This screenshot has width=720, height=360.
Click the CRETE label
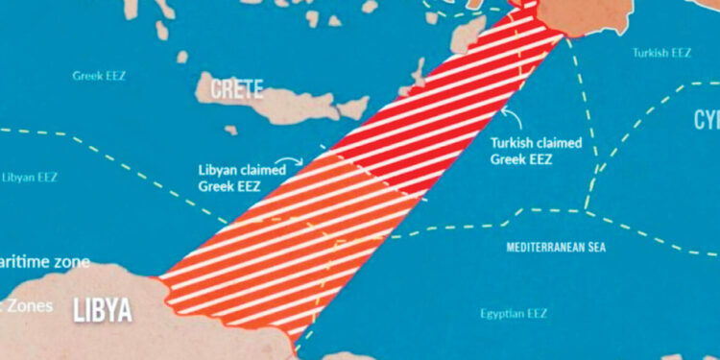(x=230, y=89)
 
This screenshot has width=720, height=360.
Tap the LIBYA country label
(x=103, y=310)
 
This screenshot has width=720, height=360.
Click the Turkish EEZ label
(x=661, y=53)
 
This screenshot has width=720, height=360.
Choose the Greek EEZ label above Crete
(x=99, y=74)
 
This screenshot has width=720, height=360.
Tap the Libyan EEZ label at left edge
(x=29, y=178)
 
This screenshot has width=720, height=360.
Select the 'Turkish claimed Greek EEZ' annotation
(x=536, y=151)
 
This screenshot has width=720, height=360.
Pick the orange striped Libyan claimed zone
(x=278, y=240)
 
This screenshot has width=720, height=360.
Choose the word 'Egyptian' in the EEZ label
(x=502, y=313)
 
